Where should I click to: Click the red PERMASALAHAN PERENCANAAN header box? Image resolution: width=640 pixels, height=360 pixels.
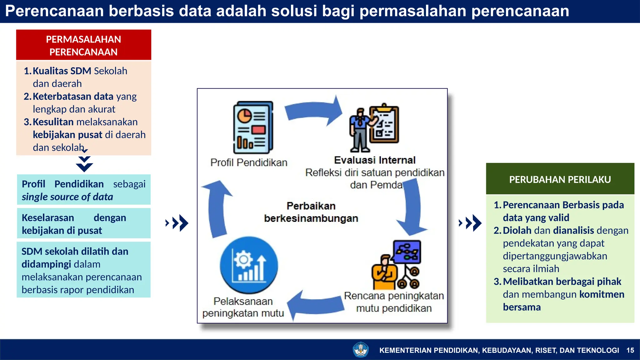(83, 45)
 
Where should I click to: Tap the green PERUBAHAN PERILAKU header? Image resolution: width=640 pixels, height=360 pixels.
(560, 179)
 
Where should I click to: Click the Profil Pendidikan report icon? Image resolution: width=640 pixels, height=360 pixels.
(253, 127)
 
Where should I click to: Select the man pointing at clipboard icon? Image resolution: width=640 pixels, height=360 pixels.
(374, 128)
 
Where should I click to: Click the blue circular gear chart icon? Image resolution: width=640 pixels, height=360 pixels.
(249, 265)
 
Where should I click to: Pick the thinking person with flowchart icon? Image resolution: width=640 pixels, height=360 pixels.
(396, 265)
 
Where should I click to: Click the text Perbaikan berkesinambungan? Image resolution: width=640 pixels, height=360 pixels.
(311, 212)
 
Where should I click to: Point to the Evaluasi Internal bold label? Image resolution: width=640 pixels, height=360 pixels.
(374, 160)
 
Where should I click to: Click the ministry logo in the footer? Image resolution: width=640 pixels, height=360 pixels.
(360, 350)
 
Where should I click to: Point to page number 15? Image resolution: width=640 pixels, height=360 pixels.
(630, 350)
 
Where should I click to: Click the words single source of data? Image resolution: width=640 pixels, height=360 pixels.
(67, 197)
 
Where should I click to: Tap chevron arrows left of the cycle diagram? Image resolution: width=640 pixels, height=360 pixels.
(177, 223)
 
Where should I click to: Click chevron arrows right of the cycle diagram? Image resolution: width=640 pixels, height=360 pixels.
(470, 223)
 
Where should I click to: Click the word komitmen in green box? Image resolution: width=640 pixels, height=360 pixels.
(602, 294)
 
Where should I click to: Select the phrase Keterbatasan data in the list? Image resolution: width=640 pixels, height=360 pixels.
(73, 97)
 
